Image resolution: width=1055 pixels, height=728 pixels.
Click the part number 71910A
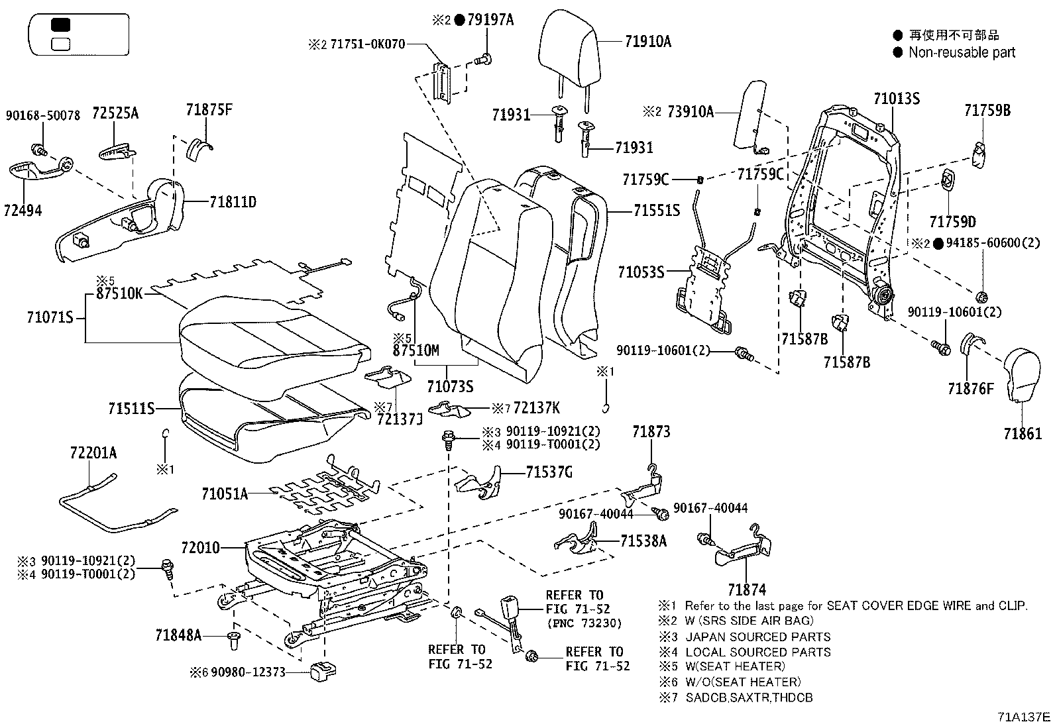click(x=647, y=42)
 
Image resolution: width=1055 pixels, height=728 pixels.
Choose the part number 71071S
click(x=50, y=318)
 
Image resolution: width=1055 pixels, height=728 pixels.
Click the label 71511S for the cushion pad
click(x=131, y=409)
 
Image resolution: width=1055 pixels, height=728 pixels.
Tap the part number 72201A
click(x=93, y=453)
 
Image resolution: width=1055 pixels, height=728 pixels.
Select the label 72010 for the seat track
click(x=199, y=548)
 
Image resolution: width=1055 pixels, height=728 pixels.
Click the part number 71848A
click(x=178, y=635)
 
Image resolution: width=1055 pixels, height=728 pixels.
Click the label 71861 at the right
click(x=1022, y=434)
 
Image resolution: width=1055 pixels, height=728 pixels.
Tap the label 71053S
click(x=640, y=272)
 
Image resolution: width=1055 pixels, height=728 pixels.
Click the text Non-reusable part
click(x=962, y=52)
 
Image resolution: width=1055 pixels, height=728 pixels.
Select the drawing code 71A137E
click(x=1024, y=717)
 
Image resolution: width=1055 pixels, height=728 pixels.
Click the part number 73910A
click(x=690, y=112)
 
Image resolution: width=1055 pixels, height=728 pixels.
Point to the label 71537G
click(x=549, y=472)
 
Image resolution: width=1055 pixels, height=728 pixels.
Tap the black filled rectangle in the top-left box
click(x=60, y=25)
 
